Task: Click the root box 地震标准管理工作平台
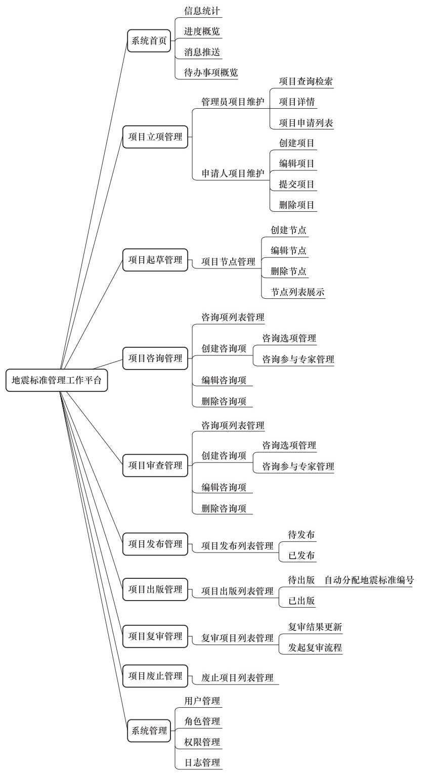pos(57,380)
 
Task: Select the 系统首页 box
pos(149,41)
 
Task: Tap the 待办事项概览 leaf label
pos(211,73)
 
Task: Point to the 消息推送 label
pos(202,52)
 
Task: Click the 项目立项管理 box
pos(155,137)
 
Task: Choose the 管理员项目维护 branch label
pos(233,102)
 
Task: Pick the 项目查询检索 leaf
pos(306,81)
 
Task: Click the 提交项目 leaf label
pos(297,184)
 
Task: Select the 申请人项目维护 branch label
pos(233,173)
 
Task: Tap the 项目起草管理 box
pos(155,260)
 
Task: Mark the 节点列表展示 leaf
pos(297,292)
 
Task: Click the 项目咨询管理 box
pos(155,358)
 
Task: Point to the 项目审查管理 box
pos(155,465)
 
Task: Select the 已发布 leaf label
pos(301,555)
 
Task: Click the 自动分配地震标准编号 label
pos(369,580)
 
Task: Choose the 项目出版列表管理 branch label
pos(238,591)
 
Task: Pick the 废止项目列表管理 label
pos(238,677)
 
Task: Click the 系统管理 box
pos(149,731)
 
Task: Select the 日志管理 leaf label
pos(202,762)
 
